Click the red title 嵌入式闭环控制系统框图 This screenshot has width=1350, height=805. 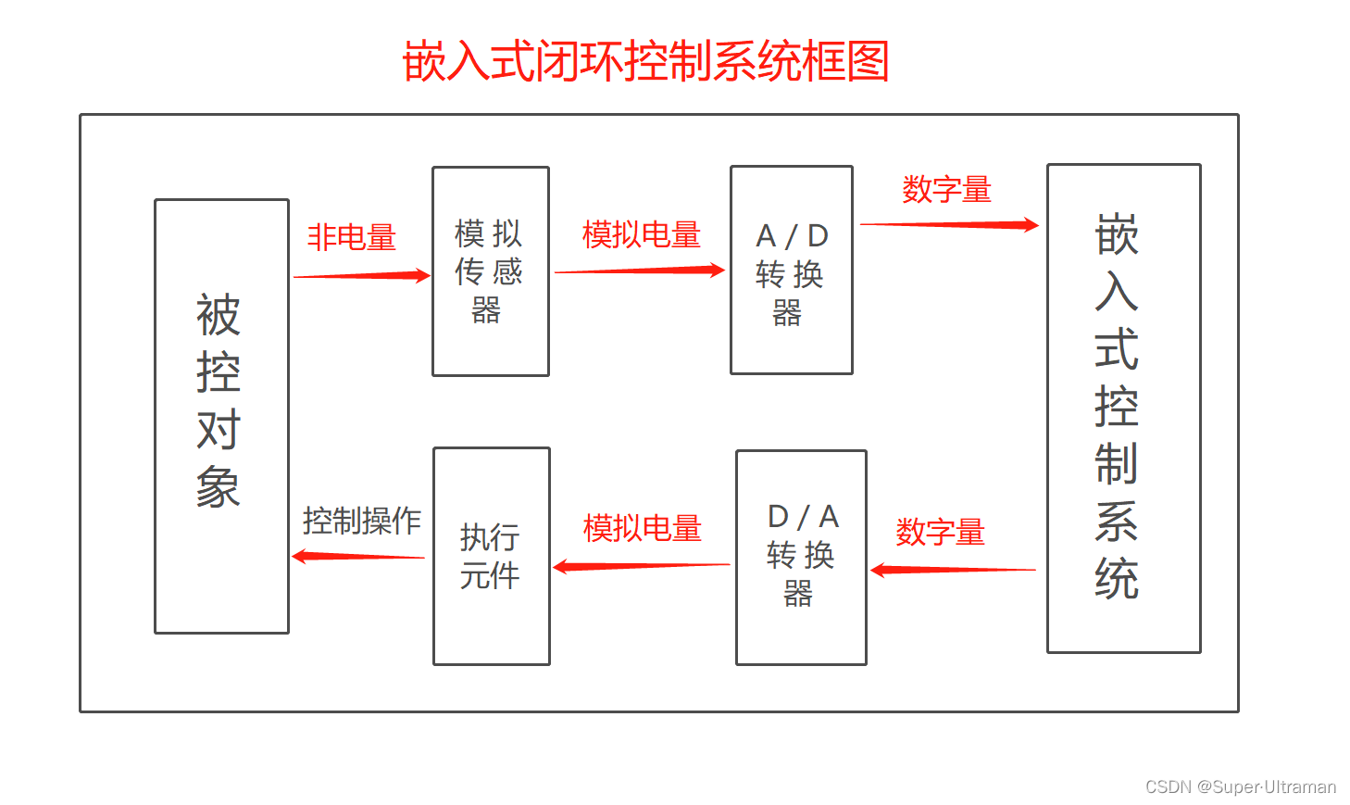click(645, 62)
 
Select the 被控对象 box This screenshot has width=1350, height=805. click(221, 416)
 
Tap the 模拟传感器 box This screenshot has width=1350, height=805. click(490, 270)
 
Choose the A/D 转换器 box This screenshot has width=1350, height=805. click(791, 270)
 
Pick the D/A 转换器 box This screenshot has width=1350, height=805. click(800, 557)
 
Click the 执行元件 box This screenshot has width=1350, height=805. click(491, 556)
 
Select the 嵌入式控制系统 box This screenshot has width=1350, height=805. click(1123, 409)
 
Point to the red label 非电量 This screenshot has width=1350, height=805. click(351, 238)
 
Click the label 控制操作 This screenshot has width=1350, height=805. click(361, 521)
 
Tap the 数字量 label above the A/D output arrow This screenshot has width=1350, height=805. click(946, 190)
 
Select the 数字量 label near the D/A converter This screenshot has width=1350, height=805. click(940, 533)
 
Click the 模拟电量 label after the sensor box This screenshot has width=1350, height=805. click(641, 235)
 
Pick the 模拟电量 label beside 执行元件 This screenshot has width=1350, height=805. click(642, 529)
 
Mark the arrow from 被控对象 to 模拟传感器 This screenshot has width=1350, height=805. click(361, 275)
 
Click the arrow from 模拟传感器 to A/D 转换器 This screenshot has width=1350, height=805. click(639, 270)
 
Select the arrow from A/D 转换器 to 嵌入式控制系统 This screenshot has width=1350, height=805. click(948, 224)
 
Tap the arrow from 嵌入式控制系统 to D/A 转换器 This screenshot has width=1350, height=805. click(953, 570)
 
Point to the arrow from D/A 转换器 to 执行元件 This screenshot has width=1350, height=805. click(642, 566)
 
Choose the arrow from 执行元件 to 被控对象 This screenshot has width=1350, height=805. click(358, 557)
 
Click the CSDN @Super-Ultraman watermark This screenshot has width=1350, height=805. click(1240, 786)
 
